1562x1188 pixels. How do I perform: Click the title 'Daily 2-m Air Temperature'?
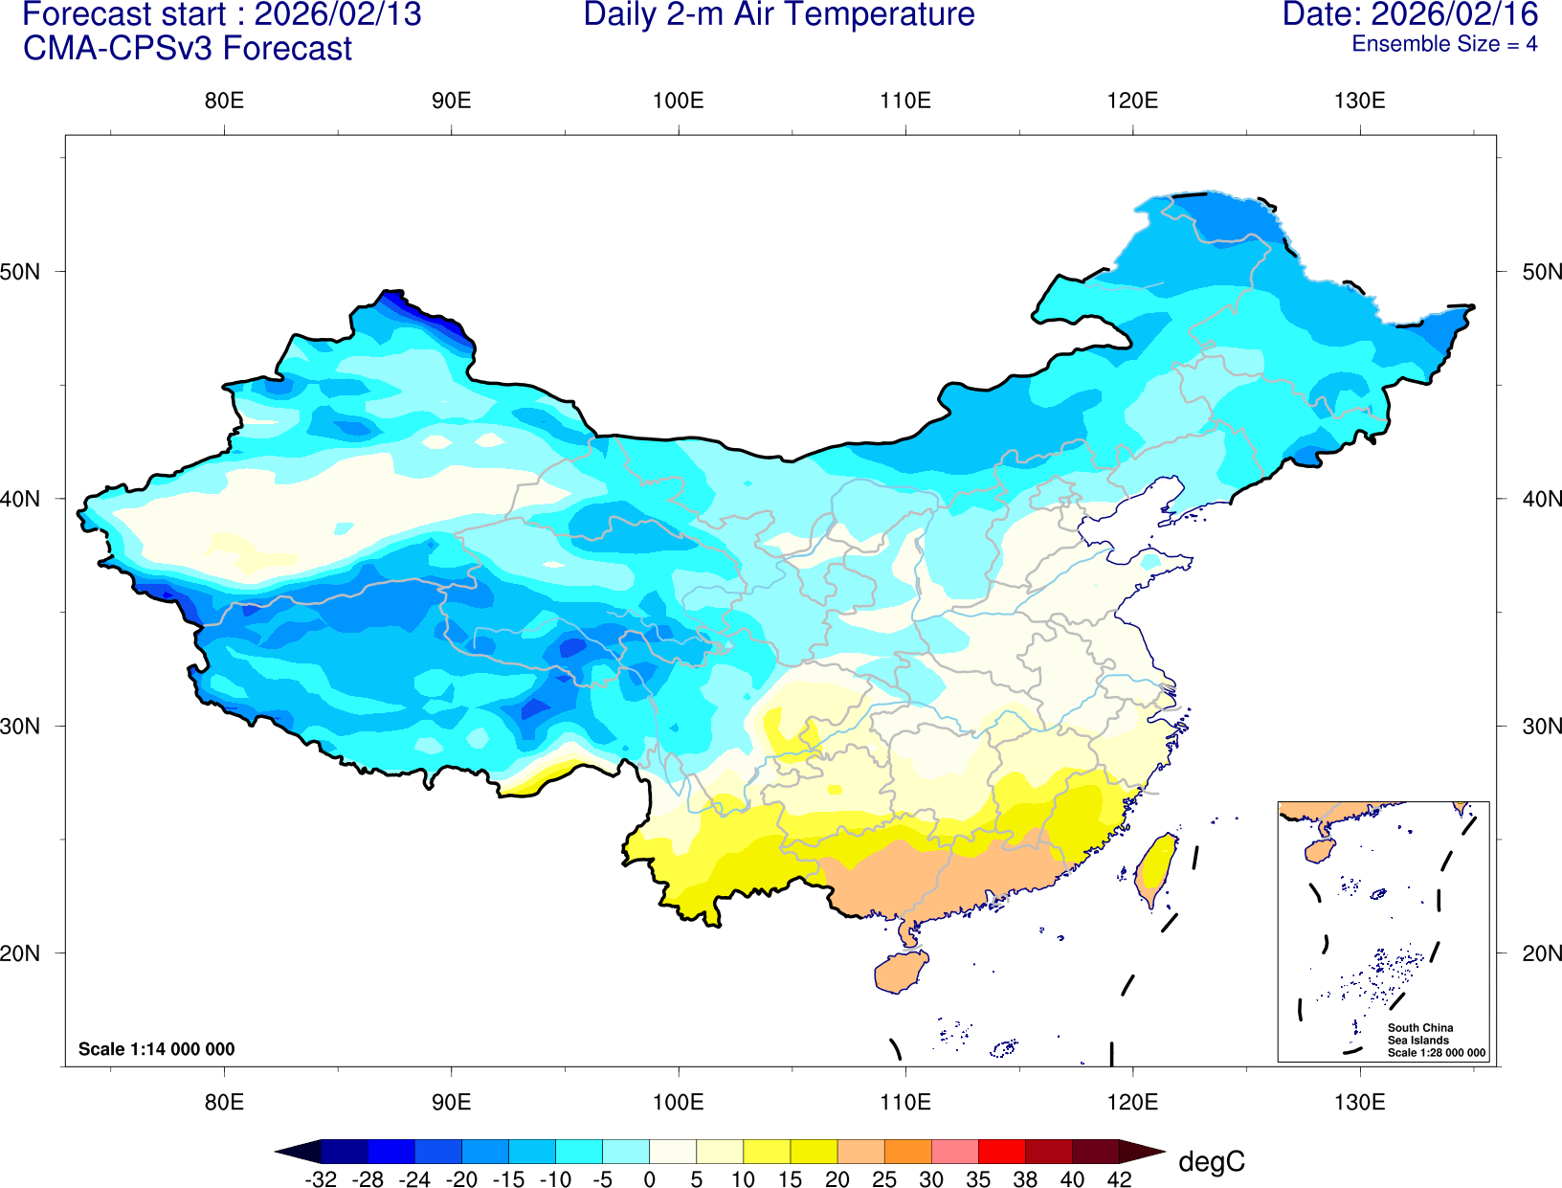779,15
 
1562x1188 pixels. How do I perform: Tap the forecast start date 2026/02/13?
337,15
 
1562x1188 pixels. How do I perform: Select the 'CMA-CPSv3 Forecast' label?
188,49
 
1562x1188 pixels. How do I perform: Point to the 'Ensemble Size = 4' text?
1443,44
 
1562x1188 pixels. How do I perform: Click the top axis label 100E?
678,101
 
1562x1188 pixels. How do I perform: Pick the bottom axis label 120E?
1132,1102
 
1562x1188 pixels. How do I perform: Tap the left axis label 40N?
20,499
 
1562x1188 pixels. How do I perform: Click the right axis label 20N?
1541,953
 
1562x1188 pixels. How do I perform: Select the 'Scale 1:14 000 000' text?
156,1049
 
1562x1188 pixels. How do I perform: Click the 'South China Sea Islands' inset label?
1419,1034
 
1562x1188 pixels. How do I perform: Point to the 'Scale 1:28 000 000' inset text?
1437,1053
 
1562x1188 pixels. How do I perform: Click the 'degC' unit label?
1211,1162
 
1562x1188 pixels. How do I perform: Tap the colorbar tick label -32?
321,1179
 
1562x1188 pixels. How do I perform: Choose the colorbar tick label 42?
1119,1179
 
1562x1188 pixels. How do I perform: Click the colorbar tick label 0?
649,1179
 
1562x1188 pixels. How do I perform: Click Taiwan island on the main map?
1156,869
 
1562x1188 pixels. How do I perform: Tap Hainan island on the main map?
901,973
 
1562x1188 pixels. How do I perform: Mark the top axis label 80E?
224,101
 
